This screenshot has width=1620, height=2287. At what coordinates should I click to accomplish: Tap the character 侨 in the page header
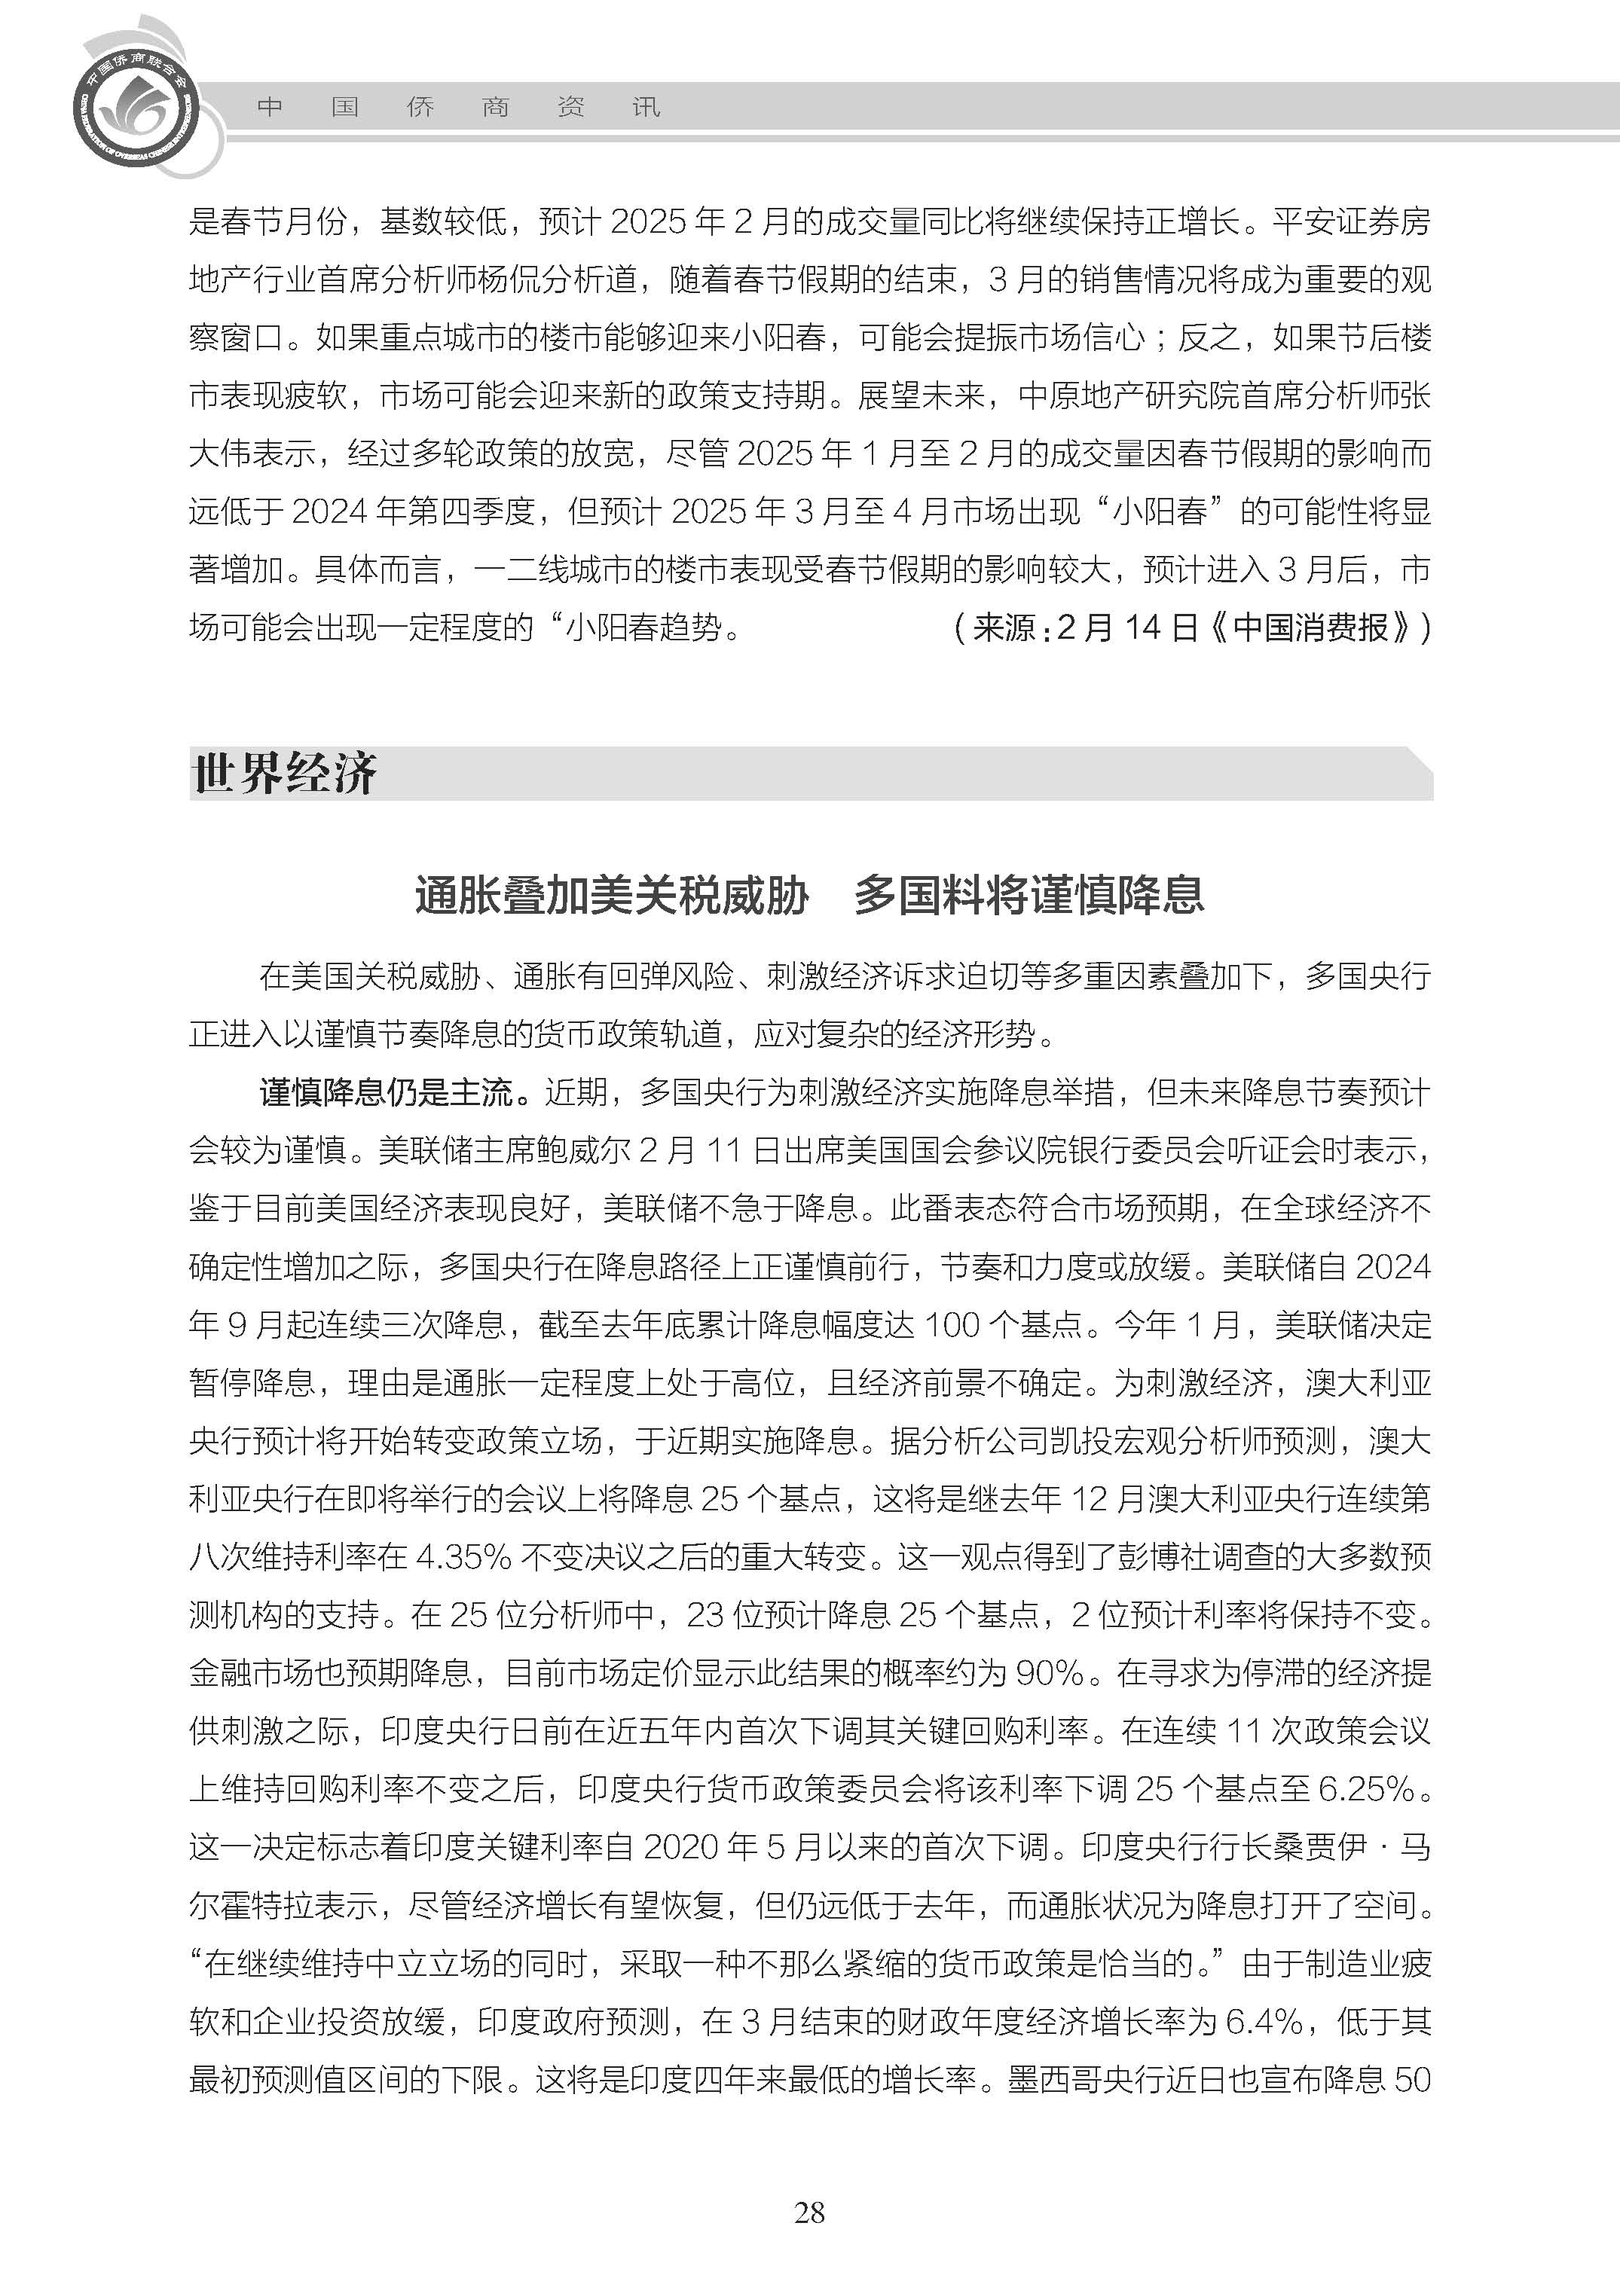coord(420,107)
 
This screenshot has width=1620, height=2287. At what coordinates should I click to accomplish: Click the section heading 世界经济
coord(284,774)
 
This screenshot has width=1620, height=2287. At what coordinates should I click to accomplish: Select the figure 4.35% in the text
coord(462,1557)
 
